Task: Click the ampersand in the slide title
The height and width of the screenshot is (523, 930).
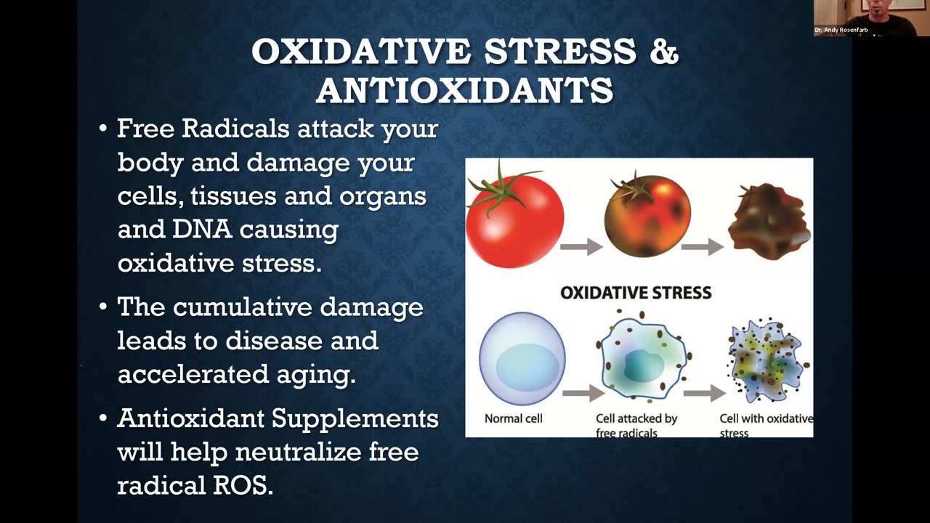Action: coord(664,51)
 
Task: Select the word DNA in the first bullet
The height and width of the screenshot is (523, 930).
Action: coord(202,229)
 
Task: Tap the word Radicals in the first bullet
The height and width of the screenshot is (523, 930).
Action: coord(235,129)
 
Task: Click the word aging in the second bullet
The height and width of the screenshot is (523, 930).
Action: coord(316,375)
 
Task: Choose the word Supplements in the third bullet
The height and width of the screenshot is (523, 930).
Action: coord(355,419)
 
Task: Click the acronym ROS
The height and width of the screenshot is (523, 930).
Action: coord(243,485)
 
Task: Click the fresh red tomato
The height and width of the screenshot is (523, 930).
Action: coord(515,220)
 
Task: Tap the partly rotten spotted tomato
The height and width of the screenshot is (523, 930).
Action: coord(647,216)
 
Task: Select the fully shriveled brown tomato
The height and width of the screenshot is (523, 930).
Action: coord(769,222)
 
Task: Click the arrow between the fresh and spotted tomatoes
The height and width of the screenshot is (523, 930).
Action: coord(581,246)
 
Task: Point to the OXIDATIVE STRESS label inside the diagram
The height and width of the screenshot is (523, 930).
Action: coord(636,293)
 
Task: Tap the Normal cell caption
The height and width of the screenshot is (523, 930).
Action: coord(513,418)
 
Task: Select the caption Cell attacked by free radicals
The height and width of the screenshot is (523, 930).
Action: coord(636,426)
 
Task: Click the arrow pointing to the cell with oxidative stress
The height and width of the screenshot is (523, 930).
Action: coord(705,393)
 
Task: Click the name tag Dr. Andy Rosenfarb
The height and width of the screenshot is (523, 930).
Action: coord(841,30)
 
